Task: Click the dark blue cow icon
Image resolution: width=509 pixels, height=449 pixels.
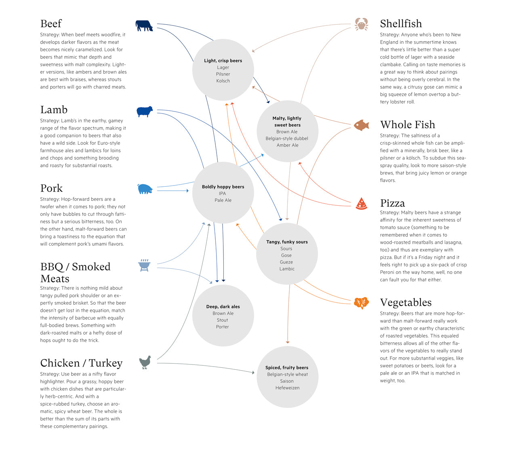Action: tap(144, 26)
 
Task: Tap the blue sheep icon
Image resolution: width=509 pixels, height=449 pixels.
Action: tap(145, 111)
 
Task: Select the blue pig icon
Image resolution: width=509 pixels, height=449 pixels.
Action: tap(145, 189)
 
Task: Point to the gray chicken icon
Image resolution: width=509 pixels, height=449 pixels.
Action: tap(145, 362)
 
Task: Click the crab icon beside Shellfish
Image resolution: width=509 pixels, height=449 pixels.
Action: tap(361, 24)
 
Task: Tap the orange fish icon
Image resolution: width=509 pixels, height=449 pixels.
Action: tap(362, 125)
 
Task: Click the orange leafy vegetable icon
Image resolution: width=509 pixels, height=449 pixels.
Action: tap(361, 302)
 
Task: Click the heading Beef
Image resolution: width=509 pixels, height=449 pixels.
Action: tap(51, 23)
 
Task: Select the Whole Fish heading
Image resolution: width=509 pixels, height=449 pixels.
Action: tap(407, 124)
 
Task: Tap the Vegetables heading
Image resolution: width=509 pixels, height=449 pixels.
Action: tap(406, 302)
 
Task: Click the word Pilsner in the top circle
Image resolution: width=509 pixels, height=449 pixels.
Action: tap(223, 74)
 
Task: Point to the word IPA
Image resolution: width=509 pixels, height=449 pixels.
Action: tap(223, 194)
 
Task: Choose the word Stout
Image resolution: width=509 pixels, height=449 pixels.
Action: tap(223, 320)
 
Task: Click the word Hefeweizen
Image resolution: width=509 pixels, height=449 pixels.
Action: tap(287, 388)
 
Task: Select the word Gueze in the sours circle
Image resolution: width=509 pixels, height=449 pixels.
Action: tap(286, 262)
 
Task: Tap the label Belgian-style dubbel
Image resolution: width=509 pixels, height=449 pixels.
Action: tap(287, 138)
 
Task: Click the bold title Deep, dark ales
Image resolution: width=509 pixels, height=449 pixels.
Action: tap(223, 307)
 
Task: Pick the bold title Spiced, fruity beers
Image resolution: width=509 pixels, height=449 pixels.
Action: tap(287, 367)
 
